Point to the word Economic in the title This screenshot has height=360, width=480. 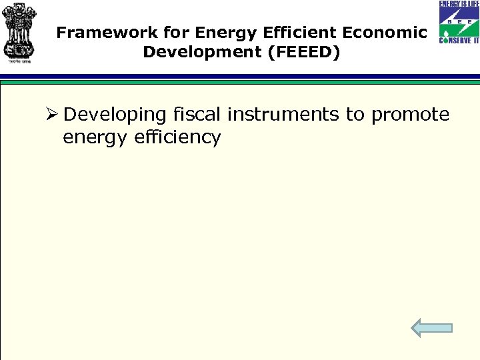click(x=373, y=33)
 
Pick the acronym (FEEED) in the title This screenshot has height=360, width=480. click(x=303, y=52)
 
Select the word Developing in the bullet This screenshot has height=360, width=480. click(x=115, y=115)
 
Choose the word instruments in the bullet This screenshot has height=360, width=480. click(x=283, y=115)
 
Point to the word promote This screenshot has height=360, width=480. click(x=410, y=115)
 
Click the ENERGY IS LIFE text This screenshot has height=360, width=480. click(x=459, y=5)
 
